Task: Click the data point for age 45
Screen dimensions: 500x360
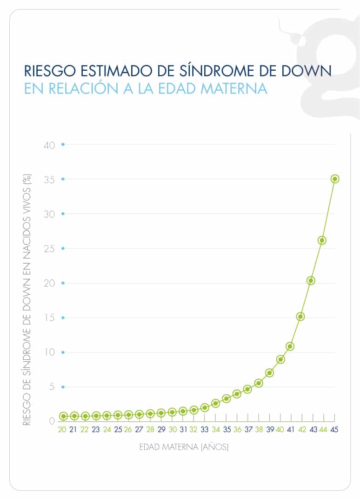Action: click(334, 179)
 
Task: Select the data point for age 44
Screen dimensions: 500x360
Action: click(322, 240)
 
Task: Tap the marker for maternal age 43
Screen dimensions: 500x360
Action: click(311, 280)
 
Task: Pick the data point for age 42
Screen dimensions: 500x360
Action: click(300, 317)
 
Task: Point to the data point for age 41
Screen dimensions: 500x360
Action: click(290, 346)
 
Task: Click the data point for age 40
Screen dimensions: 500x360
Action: click(280, 359)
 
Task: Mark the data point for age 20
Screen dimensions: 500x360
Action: click(63, 416)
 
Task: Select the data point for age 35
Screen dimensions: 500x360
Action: click(227, 399)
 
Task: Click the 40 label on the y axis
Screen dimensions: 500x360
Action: click(50, 145)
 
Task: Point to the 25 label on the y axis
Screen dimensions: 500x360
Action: click(50, 249)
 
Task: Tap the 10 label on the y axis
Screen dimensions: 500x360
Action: click(50, 352)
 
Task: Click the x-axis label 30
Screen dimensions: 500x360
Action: click(173, 430)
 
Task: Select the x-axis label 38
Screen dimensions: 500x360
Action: click(259, 430)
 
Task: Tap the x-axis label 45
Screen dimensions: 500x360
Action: click(334, 430)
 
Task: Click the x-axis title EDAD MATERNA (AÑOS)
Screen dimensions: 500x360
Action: click(184, 448)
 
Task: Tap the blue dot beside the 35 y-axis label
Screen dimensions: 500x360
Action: click(63, 179)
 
